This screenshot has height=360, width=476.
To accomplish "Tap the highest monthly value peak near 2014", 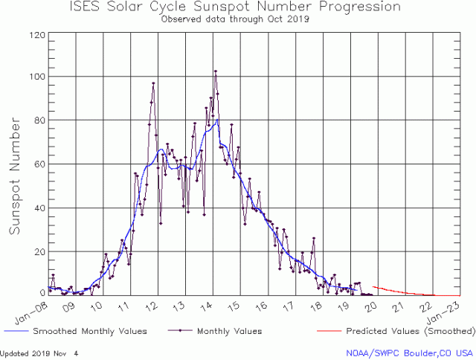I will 215,71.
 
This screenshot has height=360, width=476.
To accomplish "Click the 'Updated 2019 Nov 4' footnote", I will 41,353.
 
